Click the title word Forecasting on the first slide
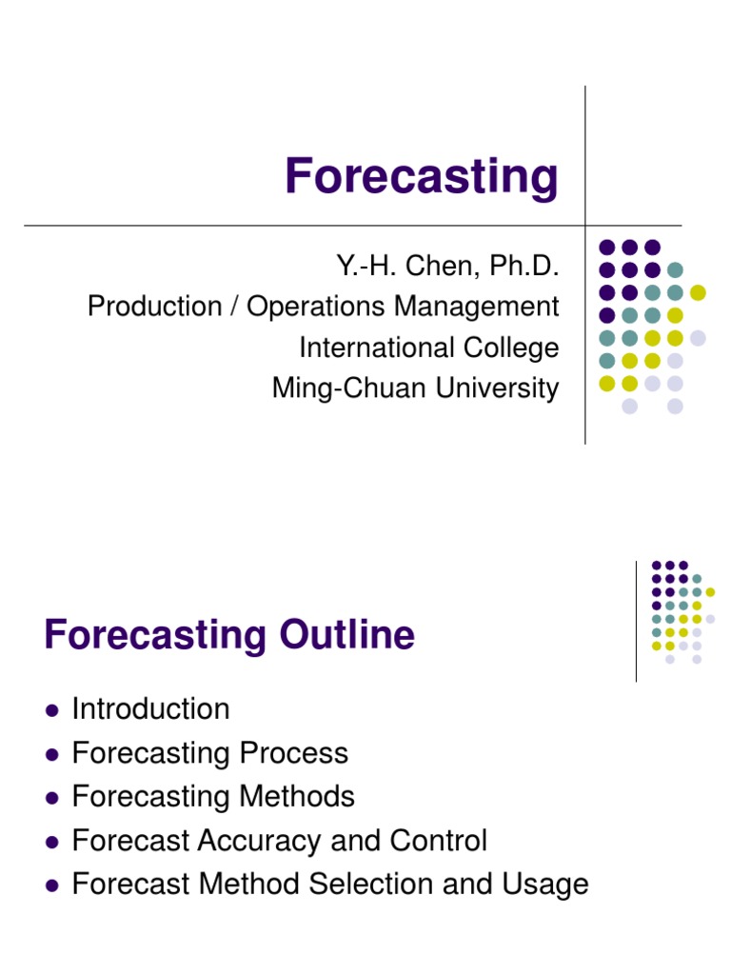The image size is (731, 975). click(422, 177)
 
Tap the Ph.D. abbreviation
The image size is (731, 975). click(523, 266)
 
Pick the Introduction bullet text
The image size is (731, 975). click(150, 709)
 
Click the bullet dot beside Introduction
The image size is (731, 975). click(52, 710)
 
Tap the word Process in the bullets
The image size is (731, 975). click(293, 754)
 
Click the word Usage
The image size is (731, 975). click(546, 885)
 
